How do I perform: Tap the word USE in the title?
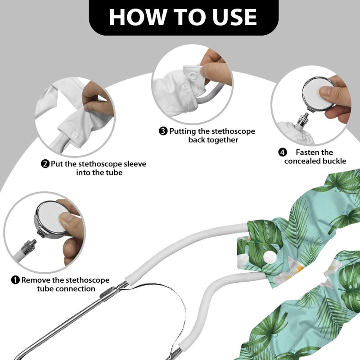pyautogui.click(x=234, y=17)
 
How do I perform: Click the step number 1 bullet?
pyautogui.click(x=15, y=280)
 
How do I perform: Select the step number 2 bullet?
pyautogui.click(x=45, y=164)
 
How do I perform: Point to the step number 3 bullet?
pyautogui.click(x=163, y=131)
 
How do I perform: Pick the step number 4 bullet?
pyautogui.click(x=283, y=152)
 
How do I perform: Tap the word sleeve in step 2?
pyautogui.click(x=135, y=164)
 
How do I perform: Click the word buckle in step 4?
pyautogui.click(x=334, y=161)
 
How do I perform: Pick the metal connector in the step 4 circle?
pyautogui.click(x=303, y=120)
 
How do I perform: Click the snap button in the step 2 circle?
pyautogui.click(x=74, y=134)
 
